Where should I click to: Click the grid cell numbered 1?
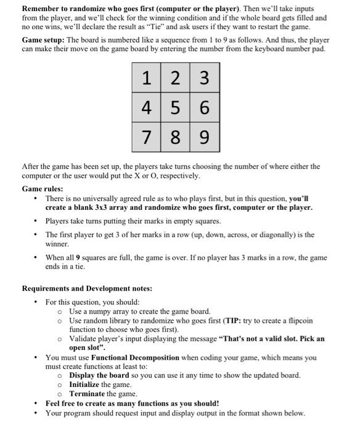tap(147, 78)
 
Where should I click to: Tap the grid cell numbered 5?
tap(176, 107)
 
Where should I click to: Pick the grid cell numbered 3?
tap(205, 78)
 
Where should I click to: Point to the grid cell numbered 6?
tap(205, 107)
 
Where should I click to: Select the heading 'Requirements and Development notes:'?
tap(87, 288)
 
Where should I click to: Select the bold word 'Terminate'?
tap(87, 394)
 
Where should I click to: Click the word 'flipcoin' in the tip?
tap(299, 320)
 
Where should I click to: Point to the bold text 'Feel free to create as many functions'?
tap(131, 403)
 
